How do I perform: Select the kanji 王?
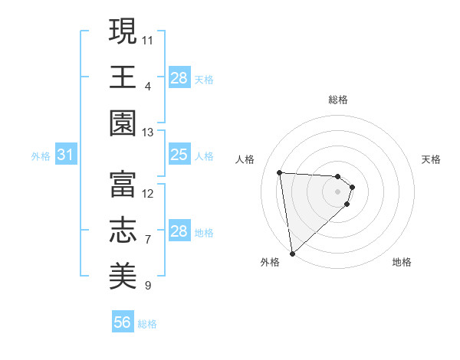click(x=123, y=77)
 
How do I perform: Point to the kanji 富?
click(x=123, y=184)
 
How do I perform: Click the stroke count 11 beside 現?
click(x=148, y=38)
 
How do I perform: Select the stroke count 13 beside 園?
click(x=148, y=133)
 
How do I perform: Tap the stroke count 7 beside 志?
click(x=148, y=239)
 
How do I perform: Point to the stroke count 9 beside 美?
click(x=148, y=286)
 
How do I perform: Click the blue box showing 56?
click(x=123, y=322)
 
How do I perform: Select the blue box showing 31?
click(x=65, y=155)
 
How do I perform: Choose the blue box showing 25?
click(x=179, y=155)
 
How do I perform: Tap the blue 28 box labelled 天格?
click(x=179, y=78)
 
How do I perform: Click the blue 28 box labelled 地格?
click(x=179, y=231)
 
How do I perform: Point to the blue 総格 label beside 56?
click(x=147, y=324)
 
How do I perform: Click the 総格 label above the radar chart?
click(x=337, y=100)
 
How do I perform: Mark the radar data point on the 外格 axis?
click(x=292, y=253)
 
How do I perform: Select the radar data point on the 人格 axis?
click(x=280, y=172)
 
